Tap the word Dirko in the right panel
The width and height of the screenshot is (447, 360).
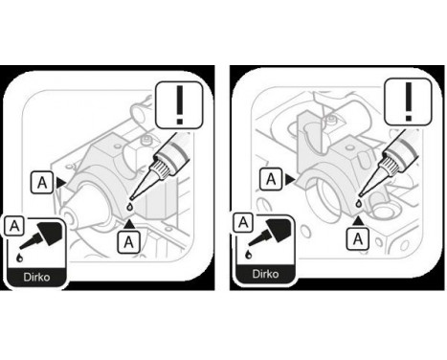tap(263, 273)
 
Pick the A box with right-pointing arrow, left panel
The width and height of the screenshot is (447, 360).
tap(43, 179)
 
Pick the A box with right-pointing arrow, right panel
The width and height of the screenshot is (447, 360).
tap(273, 178)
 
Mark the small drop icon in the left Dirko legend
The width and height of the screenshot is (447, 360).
tap(21, 258)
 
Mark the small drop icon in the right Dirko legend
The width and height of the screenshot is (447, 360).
tap(250, 253)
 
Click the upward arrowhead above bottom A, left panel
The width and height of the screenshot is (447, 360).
tap(128, 222)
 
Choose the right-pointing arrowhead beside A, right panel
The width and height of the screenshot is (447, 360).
tap(291, 178)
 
